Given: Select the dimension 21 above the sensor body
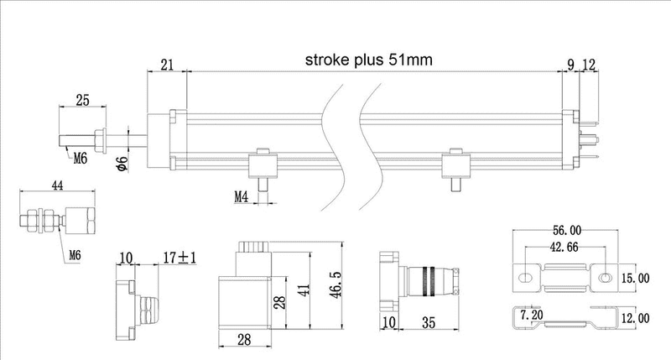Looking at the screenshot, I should tap(167, 65).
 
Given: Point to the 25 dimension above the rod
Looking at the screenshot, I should tap(82, 100).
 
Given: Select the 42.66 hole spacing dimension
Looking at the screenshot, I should tap(563, 248).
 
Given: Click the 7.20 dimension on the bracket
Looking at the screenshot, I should tap(533, 315).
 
